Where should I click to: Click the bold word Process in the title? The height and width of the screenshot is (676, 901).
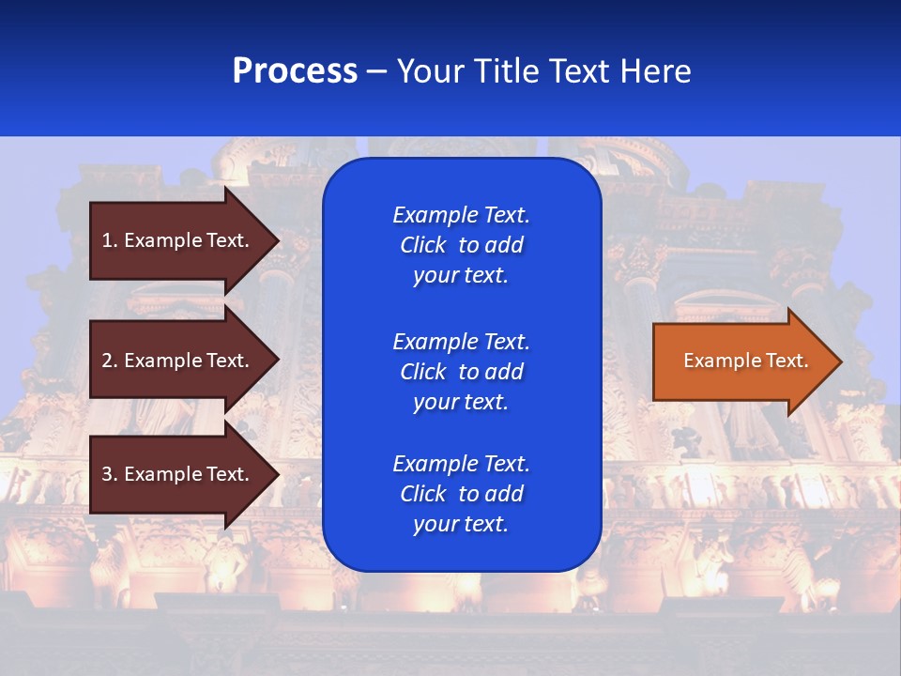tap(295, 71)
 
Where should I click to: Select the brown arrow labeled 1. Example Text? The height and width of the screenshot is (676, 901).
tap(178, 240)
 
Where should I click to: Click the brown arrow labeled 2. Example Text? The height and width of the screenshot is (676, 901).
tap(178, 361)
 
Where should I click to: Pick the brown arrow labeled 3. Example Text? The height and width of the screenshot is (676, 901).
tap(178, 474)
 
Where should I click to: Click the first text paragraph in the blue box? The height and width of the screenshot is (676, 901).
tap(461, 245)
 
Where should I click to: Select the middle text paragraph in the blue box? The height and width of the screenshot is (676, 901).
tap(461, 372)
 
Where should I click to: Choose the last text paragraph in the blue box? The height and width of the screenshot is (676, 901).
tap(461, 494)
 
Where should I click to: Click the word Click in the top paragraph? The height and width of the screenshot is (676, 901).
tap(422, 245)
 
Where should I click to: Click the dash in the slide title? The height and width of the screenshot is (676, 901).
tap(376, 72)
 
